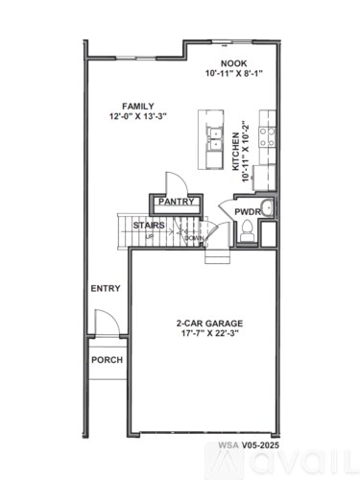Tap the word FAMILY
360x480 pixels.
tap(137, 106)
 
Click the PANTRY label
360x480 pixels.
tap(177, 203)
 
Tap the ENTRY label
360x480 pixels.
tap(105, 288)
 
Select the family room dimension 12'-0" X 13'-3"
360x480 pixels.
tap(138, 117)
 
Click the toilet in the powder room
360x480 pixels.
tap(247, 228)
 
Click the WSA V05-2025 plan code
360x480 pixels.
tap(247, 445)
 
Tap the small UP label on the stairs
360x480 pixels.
tap(149, 235)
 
